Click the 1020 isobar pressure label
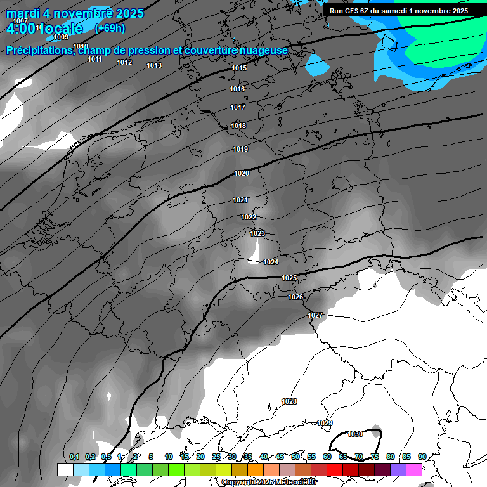coord(242,173)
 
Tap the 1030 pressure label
coord(355,434)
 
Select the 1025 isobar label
coord(289,278)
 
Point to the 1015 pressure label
coord(239,68)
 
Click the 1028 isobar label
coord(289,401)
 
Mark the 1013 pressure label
coord(154,65)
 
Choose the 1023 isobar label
coord(257,233)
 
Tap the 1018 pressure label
coord(238,126)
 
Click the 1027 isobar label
coord(315,315)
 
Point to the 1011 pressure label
coord(94,59)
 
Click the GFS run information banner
coord(399,11)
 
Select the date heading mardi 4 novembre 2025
coord(75,13)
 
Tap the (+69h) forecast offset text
coord(110,29)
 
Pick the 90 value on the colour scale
coord(422,457)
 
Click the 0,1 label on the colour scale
coord(74,457)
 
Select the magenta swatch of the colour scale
coord(414,469)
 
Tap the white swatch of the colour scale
coord(65,469)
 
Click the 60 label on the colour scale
coord(327,457)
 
